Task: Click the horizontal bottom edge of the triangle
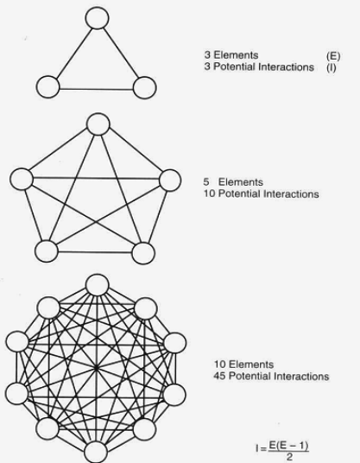pyautogui.click(x=96, y=89)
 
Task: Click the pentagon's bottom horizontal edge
pyautogui.click(x=95, y=252)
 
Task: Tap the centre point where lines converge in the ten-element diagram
pyautogui.click(x=96, y=368)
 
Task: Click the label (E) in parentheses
pyautogui.click(x=333, y=56)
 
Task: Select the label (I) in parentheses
pyautogui.click(x=332, y=67)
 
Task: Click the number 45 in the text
pyautogui.click(x=219, y=377)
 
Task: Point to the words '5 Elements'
pyautogui.click(x=233, y=182)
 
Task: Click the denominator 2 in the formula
pyautogui.click(x=289, y=458)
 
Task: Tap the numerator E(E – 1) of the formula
pyautogui.click(x=288, y=446)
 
